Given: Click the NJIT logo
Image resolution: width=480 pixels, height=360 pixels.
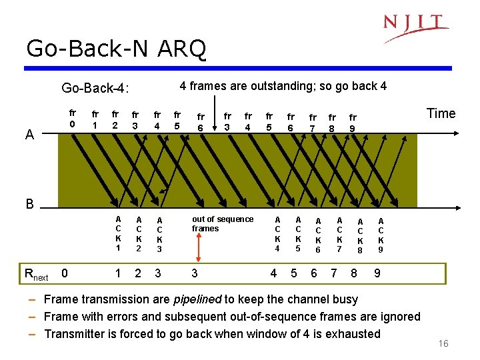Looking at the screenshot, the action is click(415, 27).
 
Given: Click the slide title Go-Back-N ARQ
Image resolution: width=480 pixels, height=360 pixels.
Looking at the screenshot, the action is click(116, 49).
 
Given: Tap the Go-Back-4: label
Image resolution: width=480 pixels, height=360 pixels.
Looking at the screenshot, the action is click(95, 88).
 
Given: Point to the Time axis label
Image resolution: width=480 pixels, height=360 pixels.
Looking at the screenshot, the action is click(441, 113).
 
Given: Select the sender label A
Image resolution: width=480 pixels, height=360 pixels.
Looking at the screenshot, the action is click(29, 135).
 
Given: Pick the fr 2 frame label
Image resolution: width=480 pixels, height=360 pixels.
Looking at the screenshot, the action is click(115, 119).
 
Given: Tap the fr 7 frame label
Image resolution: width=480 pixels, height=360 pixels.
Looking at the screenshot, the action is click(312, 123).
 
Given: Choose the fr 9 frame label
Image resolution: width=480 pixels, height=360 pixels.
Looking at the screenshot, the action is click(353, 123).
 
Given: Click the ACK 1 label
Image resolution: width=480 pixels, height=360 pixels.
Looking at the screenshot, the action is click(118, 233).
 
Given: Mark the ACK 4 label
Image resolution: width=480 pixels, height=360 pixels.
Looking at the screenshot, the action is click(278, 233).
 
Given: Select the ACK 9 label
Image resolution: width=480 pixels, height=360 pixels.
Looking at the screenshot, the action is click(381, 235).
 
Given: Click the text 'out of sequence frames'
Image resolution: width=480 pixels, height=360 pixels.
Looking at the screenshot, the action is click(222, 223).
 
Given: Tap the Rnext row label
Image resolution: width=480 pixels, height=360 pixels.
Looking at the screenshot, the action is click(36, 273).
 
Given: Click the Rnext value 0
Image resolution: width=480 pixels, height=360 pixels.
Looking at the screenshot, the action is click(64, 273).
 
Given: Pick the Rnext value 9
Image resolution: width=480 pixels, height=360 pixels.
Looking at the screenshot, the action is click(377, 273).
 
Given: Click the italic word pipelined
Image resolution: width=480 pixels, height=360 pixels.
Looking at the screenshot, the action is click(198, 299).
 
